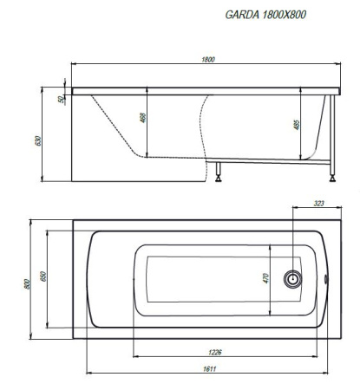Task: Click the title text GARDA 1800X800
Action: coord(265,15)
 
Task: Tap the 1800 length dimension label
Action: coord(208,60)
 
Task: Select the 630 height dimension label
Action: coord(38,140)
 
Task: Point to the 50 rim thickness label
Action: coord(61,100)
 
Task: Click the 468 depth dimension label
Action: coord(143,118)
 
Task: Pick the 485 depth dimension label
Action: coord(297,125)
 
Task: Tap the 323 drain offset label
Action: coord(318,204)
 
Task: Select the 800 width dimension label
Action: coord(27,284)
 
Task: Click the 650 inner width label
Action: coord(43,276)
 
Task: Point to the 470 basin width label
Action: coord(265,278)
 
